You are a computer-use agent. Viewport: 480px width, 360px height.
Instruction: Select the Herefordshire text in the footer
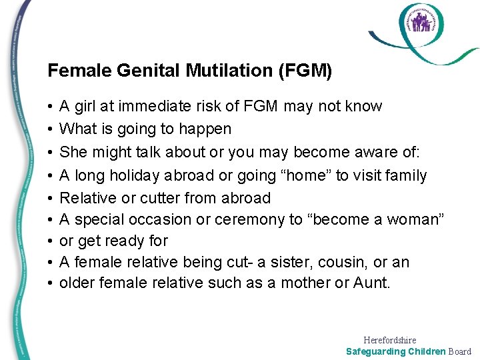(x=390, y=340)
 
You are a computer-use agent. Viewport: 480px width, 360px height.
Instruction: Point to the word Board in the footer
(x=459, y=351)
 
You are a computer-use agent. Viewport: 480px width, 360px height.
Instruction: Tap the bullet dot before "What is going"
(x=51, y=129)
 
